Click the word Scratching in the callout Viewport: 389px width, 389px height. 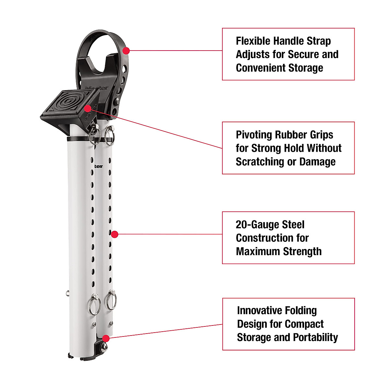click(257, 162)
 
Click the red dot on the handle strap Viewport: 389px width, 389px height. click(126, 51)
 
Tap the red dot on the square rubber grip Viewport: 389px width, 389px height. click(88, 108)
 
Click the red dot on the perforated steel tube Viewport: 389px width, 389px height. click(114, 234)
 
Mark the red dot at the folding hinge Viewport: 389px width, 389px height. click(106, 338)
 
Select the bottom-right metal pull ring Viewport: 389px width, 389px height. click(111, 300)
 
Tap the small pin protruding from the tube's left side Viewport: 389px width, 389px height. click(67, 293)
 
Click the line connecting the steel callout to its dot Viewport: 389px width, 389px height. click(169, 234)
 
